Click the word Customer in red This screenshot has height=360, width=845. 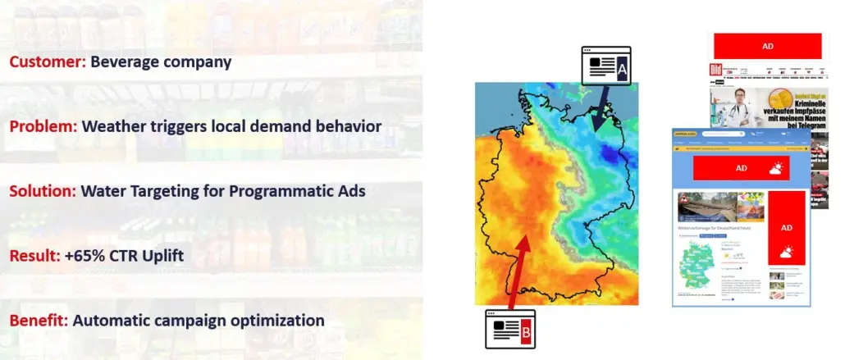point(47,62)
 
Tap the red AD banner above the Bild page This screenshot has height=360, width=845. point(767,46)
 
